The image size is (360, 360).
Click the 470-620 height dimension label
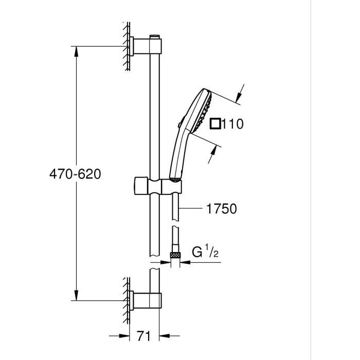point(75,174)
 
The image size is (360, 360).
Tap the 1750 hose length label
point(221,209)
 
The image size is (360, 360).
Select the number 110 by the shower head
point(232,123)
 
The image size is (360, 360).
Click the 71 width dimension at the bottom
point(145,337)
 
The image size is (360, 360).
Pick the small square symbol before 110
point(216,123)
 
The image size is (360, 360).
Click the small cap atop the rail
point(154,36)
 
